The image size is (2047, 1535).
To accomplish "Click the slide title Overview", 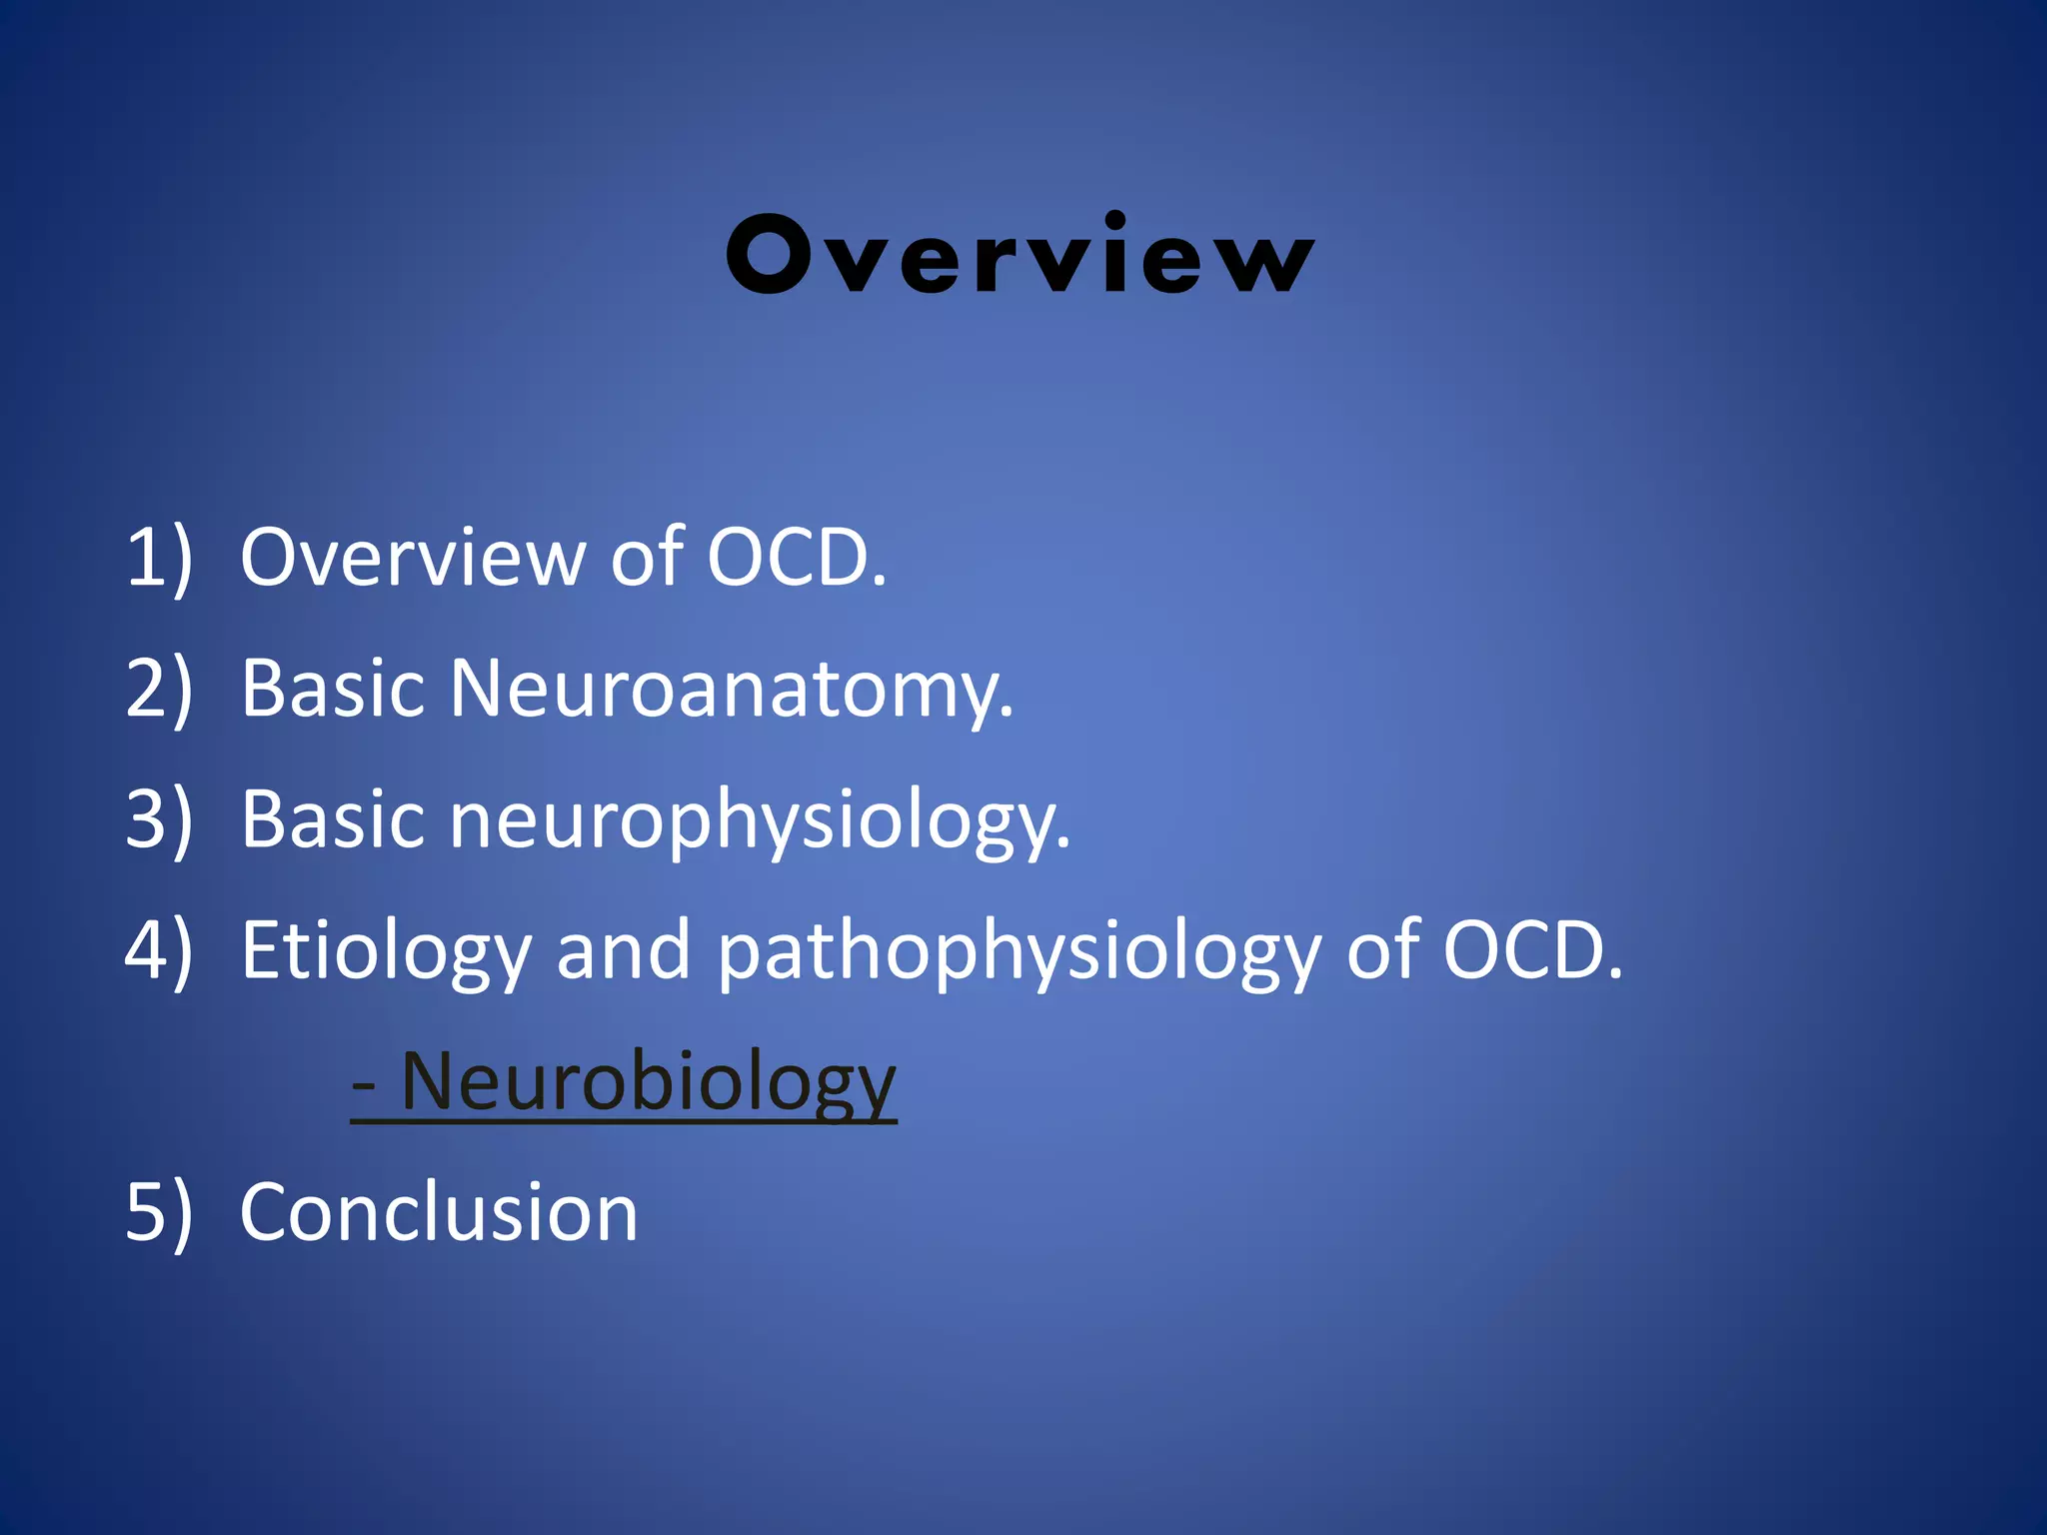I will coord(1020,256).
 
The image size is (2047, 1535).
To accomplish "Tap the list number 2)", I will coord(158,689).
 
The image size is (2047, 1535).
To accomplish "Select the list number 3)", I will coord(158,819).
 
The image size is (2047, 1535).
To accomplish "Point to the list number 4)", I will coord(158,950).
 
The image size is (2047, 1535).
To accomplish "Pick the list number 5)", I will coord(158,1212).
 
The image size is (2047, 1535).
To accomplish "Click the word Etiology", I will coord(386,950).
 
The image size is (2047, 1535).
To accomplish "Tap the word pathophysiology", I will coord(1020,950).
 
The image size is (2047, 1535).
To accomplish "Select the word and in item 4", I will coord(623,950).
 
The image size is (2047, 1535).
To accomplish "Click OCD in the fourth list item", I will coord(1532,950).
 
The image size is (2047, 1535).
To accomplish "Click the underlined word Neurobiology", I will coord(648,1081).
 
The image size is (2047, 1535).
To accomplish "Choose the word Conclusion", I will coord(439,1212).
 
